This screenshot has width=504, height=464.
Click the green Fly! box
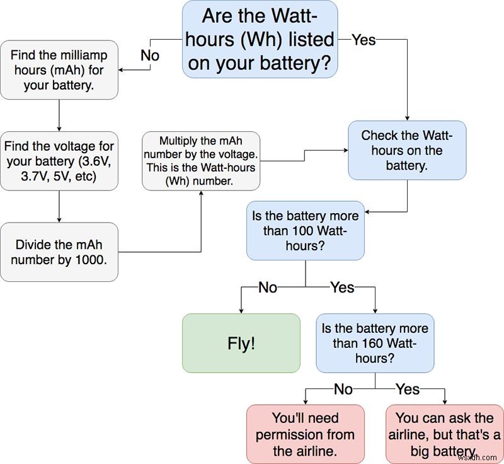point(241,343)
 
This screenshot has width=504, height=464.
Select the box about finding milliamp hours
point(59,70)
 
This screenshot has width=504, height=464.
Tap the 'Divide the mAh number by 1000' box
point(59,252)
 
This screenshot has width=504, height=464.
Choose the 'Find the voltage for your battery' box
point(59,161)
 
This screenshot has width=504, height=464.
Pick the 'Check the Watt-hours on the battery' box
point(407,151)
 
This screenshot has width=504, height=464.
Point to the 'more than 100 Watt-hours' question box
point(305,231)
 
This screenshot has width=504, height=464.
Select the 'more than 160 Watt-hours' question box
point(375,343)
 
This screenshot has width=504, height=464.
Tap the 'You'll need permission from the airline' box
point(305,434)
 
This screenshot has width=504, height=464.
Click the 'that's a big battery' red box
point(445,434)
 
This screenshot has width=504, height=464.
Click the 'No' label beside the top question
point(150,55)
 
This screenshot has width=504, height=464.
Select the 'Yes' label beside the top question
point(364,40)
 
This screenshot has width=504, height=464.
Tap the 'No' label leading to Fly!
point(268,287)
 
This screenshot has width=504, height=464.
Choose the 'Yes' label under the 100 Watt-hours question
point(342,287)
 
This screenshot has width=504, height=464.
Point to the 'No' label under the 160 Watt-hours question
point(343,389)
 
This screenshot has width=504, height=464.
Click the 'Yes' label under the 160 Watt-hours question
point(408,389)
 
